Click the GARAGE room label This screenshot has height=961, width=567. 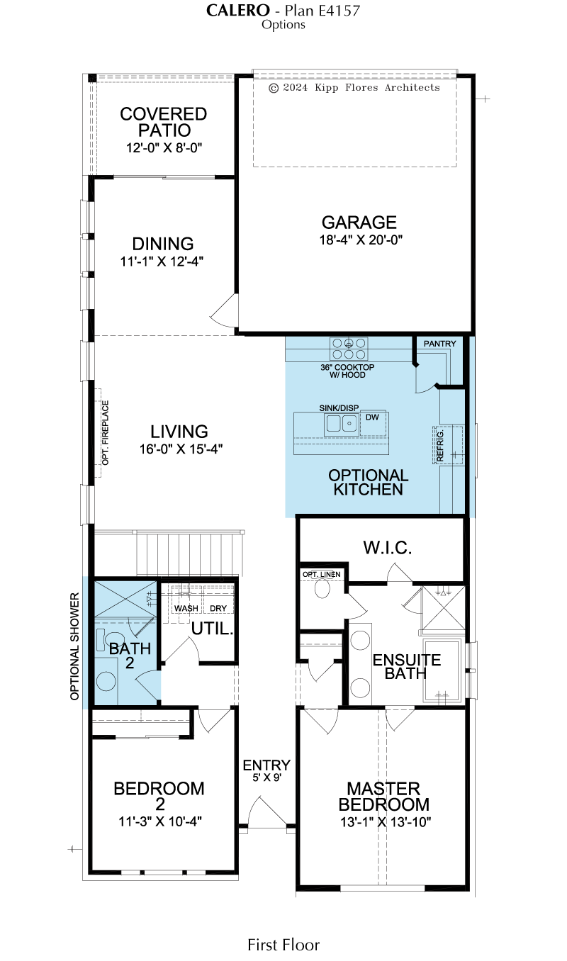click(x=359, y=223)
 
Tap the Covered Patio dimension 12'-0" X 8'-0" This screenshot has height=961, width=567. click(x=164, y=148)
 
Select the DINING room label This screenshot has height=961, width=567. click(x=162, y=244)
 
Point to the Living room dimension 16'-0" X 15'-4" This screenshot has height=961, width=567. click(x=181, y=449)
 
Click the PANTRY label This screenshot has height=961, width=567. click(x=439, y=344)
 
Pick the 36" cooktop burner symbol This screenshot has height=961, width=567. click(x=349, y=349)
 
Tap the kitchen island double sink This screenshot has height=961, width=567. click(x=342, y=423)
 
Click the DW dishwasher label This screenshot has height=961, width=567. click(x=372, y=417)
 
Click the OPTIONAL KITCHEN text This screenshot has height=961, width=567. click(x=368, y=482)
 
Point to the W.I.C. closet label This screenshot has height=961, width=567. click(x=387, y=548)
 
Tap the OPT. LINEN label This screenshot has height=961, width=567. click(x=321, y=575)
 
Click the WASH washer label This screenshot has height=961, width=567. click(x=186, y=608)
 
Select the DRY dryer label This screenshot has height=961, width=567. click(x=218, y=608)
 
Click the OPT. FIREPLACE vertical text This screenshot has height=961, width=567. click(x=106, y=432)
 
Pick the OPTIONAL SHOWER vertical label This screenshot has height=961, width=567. click(x=74, y=646)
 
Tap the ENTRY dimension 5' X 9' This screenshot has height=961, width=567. click(x=266, y=777)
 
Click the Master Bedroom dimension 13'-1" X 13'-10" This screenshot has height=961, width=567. click(x=386, y=822)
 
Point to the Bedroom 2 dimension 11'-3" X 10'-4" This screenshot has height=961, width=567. click(x=160, y=821)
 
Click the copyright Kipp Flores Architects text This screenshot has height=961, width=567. click(x=354, y=87)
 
